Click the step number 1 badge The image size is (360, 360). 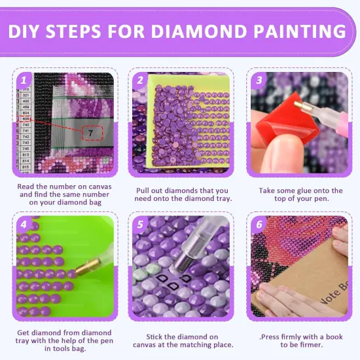(x=24, y=80)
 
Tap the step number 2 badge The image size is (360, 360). (x=140, y=80)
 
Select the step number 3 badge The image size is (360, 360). (x=258, y=80)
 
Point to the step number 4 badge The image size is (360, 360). (x=24, y=225)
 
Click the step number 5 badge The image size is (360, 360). (x=140, y=225)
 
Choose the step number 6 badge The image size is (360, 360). (x=258, y=225)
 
